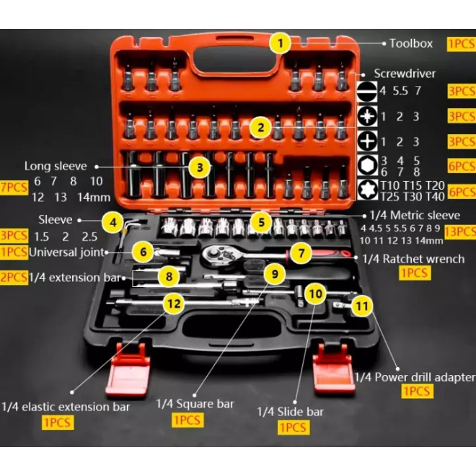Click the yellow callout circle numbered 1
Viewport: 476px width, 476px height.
point(279,43)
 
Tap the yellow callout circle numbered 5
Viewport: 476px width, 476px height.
point(261,221)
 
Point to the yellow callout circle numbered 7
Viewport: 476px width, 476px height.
point(301,253)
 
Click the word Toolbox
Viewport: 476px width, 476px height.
point(411,43)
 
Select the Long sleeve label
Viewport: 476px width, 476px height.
point(55,166)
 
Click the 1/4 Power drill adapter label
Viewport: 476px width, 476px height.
point(415,377)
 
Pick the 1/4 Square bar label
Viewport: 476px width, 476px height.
point(195,404)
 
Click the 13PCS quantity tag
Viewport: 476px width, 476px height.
point(461,232)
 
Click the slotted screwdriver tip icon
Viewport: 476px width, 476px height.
point(368,92)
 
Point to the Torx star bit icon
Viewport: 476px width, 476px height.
point(368,190)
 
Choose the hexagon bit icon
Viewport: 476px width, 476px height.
point(368,165)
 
